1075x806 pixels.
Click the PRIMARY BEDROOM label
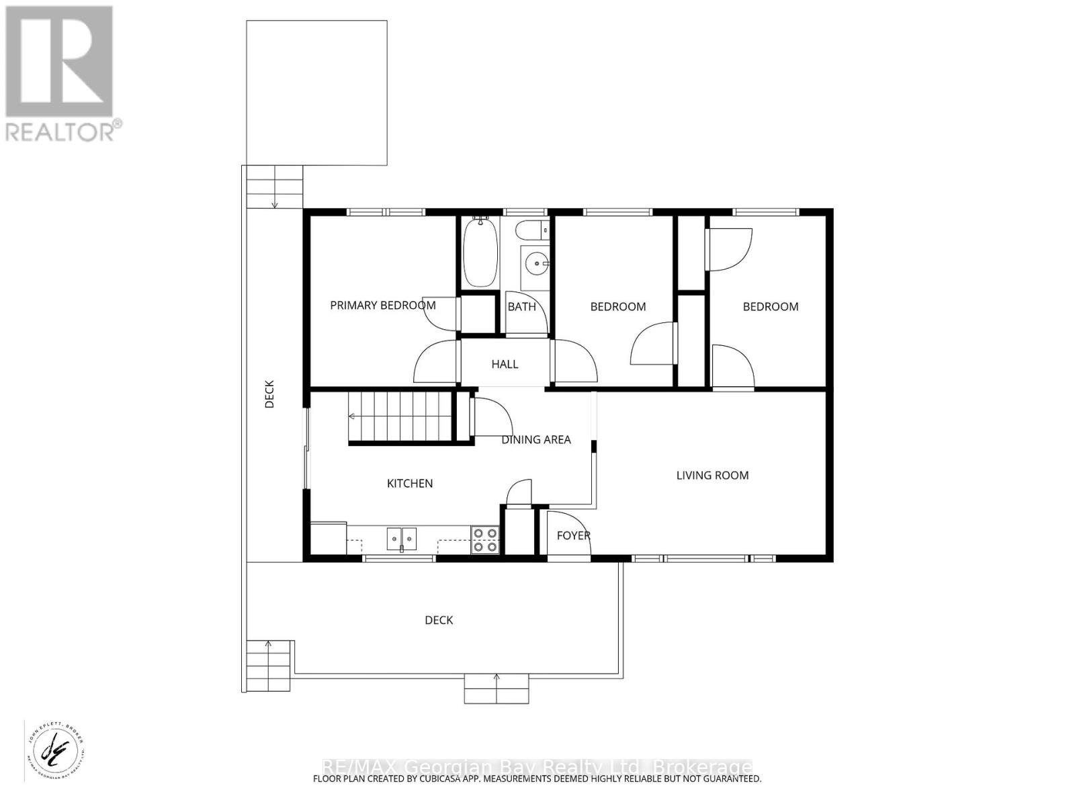coord(382,306)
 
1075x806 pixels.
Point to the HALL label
coord(505,364)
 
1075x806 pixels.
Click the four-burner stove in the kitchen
coord(485,540)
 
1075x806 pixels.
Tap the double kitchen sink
coord(401,538)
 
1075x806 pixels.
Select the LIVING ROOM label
coord(712,476)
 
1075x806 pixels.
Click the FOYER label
coord(573,535)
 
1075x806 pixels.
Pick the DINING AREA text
coord(536,439)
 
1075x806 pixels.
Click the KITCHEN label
coord(410,484)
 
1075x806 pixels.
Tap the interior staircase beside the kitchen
coord(400,417)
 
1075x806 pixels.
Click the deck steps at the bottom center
coord(496,688)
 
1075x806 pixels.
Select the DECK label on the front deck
coord(439,620)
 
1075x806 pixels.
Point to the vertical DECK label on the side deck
coord(269,394)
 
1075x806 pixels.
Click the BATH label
coord(521,307)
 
